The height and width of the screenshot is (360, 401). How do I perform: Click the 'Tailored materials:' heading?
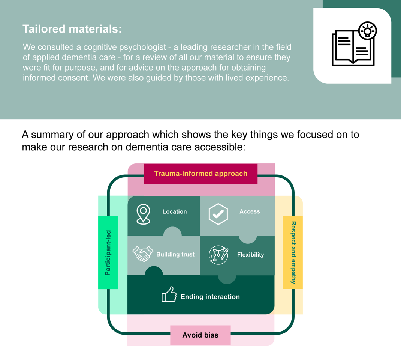coord(72,29)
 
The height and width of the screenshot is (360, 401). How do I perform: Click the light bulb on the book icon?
coord(367,31)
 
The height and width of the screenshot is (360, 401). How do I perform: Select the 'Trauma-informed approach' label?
coord(200,174)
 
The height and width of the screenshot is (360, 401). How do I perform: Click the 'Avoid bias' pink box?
coord(200,335)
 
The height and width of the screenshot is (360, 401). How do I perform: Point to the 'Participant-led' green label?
coord(108,253)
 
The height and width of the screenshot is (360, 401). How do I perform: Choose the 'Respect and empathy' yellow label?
coord(293,252)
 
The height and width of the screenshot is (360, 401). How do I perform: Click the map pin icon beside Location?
coord(143,214)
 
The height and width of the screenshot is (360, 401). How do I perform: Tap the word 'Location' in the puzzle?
coord(174,212)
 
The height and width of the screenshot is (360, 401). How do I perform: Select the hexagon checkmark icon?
coord(218,214)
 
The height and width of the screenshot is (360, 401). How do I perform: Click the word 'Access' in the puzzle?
coord(250,212)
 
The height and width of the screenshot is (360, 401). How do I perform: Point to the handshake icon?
coord(143,253)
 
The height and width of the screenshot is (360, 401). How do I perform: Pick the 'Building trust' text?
coord(175,255)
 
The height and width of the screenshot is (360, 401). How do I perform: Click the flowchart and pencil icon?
coord(218,255)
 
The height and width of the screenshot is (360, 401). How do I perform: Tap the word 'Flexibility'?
coord(250,255)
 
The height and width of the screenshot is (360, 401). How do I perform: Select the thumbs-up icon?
coord(169,294)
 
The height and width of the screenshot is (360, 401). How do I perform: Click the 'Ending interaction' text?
coord(210,297)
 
